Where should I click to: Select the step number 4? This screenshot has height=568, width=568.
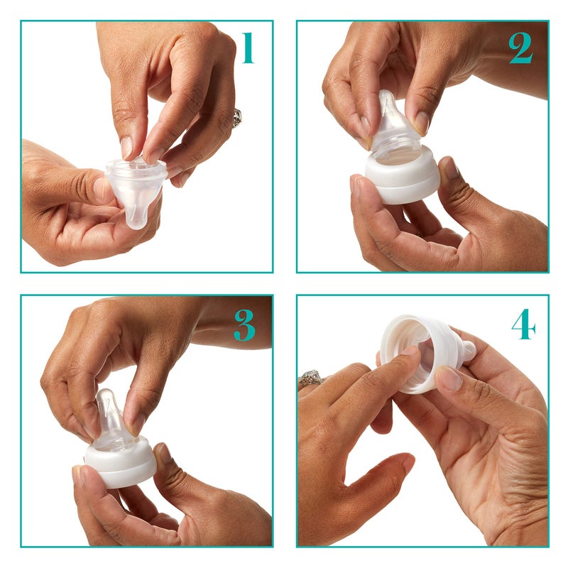coord(523,324)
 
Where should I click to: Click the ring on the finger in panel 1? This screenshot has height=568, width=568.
coord(237,117)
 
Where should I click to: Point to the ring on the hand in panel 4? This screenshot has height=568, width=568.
coord(310,378)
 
